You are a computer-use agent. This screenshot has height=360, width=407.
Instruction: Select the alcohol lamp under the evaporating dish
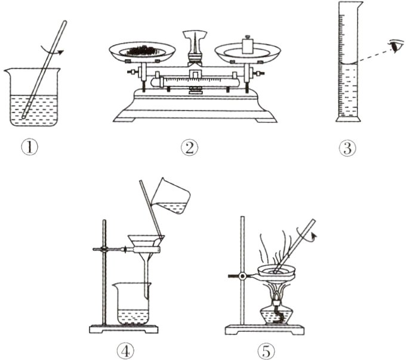click(275, 311)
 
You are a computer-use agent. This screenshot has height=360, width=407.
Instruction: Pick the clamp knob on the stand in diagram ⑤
click(243, 276)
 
